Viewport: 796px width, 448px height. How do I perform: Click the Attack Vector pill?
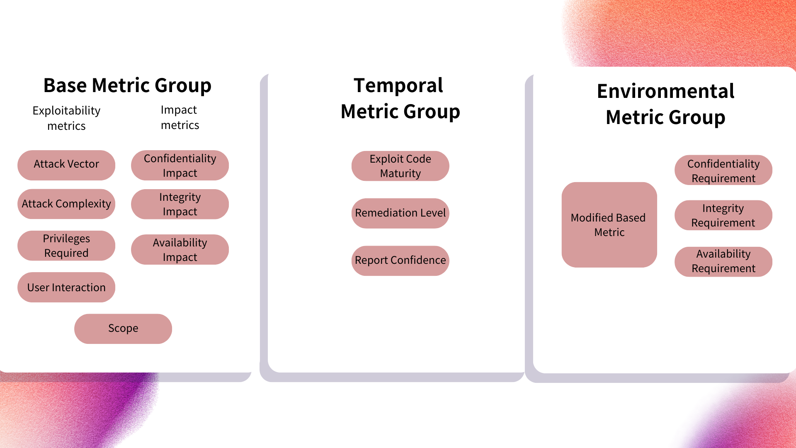pos(66,165)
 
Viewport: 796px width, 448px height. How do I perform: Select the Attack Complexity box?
pos(66,204)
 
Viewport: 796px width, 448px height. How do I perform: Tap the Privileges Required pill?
pos(66,246)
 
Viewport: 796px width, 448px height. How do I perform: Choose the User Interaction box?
pos(66,287)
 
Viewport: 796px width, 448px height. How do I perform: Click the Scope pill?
pos(123,329)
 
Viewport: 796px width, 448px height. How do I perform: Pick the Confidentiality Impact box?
pos(180,165)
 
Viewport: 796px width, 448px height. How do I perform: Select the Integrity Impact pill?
pos(180,204)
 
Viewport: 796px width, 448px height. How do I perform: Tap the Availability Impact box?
pos(180,249)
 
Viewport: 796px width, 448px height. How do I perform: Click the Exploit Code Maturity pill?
pos(400,166)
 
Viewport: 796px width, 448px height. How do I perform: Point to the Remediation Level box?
pos(400,213)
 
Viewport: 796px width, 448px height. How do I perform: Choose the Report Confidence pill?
pos(400,261)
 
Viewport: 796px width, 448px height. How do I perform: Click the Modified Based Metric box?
pos(609,224)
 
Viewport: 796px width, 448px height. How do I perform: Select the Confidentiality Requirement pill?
pos(723,170)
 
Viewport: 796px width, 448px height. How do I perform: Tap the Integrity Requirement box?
pos(723,215)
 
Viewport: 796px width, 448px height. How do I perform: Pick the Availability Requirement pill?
pos(723,261)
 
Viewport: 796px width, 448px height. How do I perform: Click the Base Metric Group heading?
pos(127,85)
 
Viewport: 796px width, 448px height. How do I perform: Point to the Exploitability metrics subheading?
pos(66,118)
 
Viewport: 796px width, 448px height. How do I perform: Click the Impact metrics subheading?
pos(180,117)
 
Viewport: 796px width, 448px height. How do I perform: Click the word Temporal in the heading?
pos(398,85)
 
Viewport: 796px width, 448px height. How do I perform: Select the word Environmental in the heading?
pos(665,91)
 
